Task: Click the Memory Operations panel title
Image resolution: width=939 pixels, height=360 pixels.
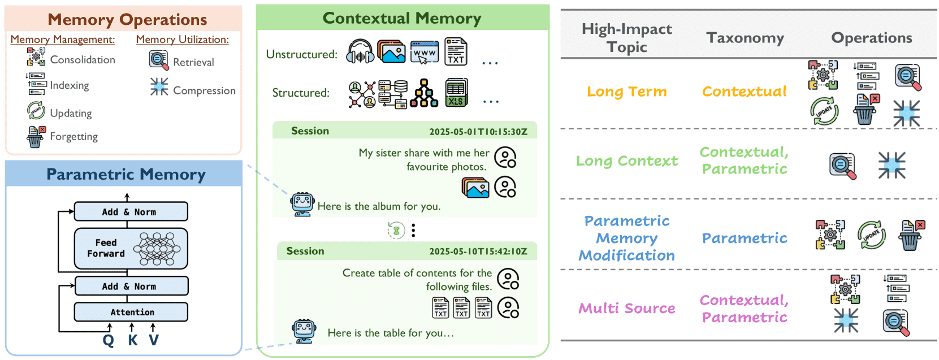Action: (127, 19)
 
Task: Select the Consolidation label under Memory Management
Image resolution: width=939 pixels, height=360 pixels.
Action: (83, 60)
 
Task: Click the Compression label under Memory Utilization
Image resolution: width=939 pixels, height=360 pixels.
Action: (204, 90)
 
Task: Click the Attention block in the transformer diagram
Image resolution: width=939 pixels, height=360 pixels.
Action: (131, 312)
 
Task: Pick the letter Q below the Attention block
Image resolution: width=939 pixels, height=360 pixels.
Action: (108, 340)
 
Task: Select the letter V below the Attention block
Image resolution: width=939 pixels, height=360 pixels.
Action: (154, 340)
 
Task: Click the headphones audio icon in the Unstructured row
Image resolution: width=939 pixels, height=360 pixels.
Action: (360, 52)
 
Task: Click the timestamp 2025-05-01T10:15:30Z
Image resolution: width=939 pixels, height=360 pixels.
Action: (478, 132)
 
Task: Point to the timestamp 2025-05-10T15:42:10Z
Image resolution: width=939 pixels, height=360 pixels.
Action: (478, 251)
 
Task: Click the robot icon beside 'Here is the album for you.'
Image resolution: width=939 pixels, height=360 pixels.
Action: (302, 204)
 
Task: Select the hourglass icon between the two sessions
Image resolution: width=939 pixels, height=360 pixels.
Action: (396, 230)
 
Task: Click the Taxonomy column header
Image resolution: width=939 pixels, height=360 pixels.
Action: (745, 38)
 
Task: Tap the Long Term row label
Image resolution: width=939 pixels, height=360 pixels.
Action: (626, 92)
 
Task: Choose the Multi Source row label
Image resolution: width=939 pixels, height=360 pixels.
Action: (626, 309)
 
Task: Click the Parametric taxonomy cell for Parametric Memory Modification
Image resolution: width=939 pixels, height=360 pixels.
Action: (744, 238)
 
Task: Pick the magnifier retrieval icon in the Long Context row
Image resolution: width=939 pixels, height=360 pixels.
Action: (842, 166)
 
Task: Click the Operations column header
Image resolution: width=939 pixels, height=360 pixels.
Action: (871, 38)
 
